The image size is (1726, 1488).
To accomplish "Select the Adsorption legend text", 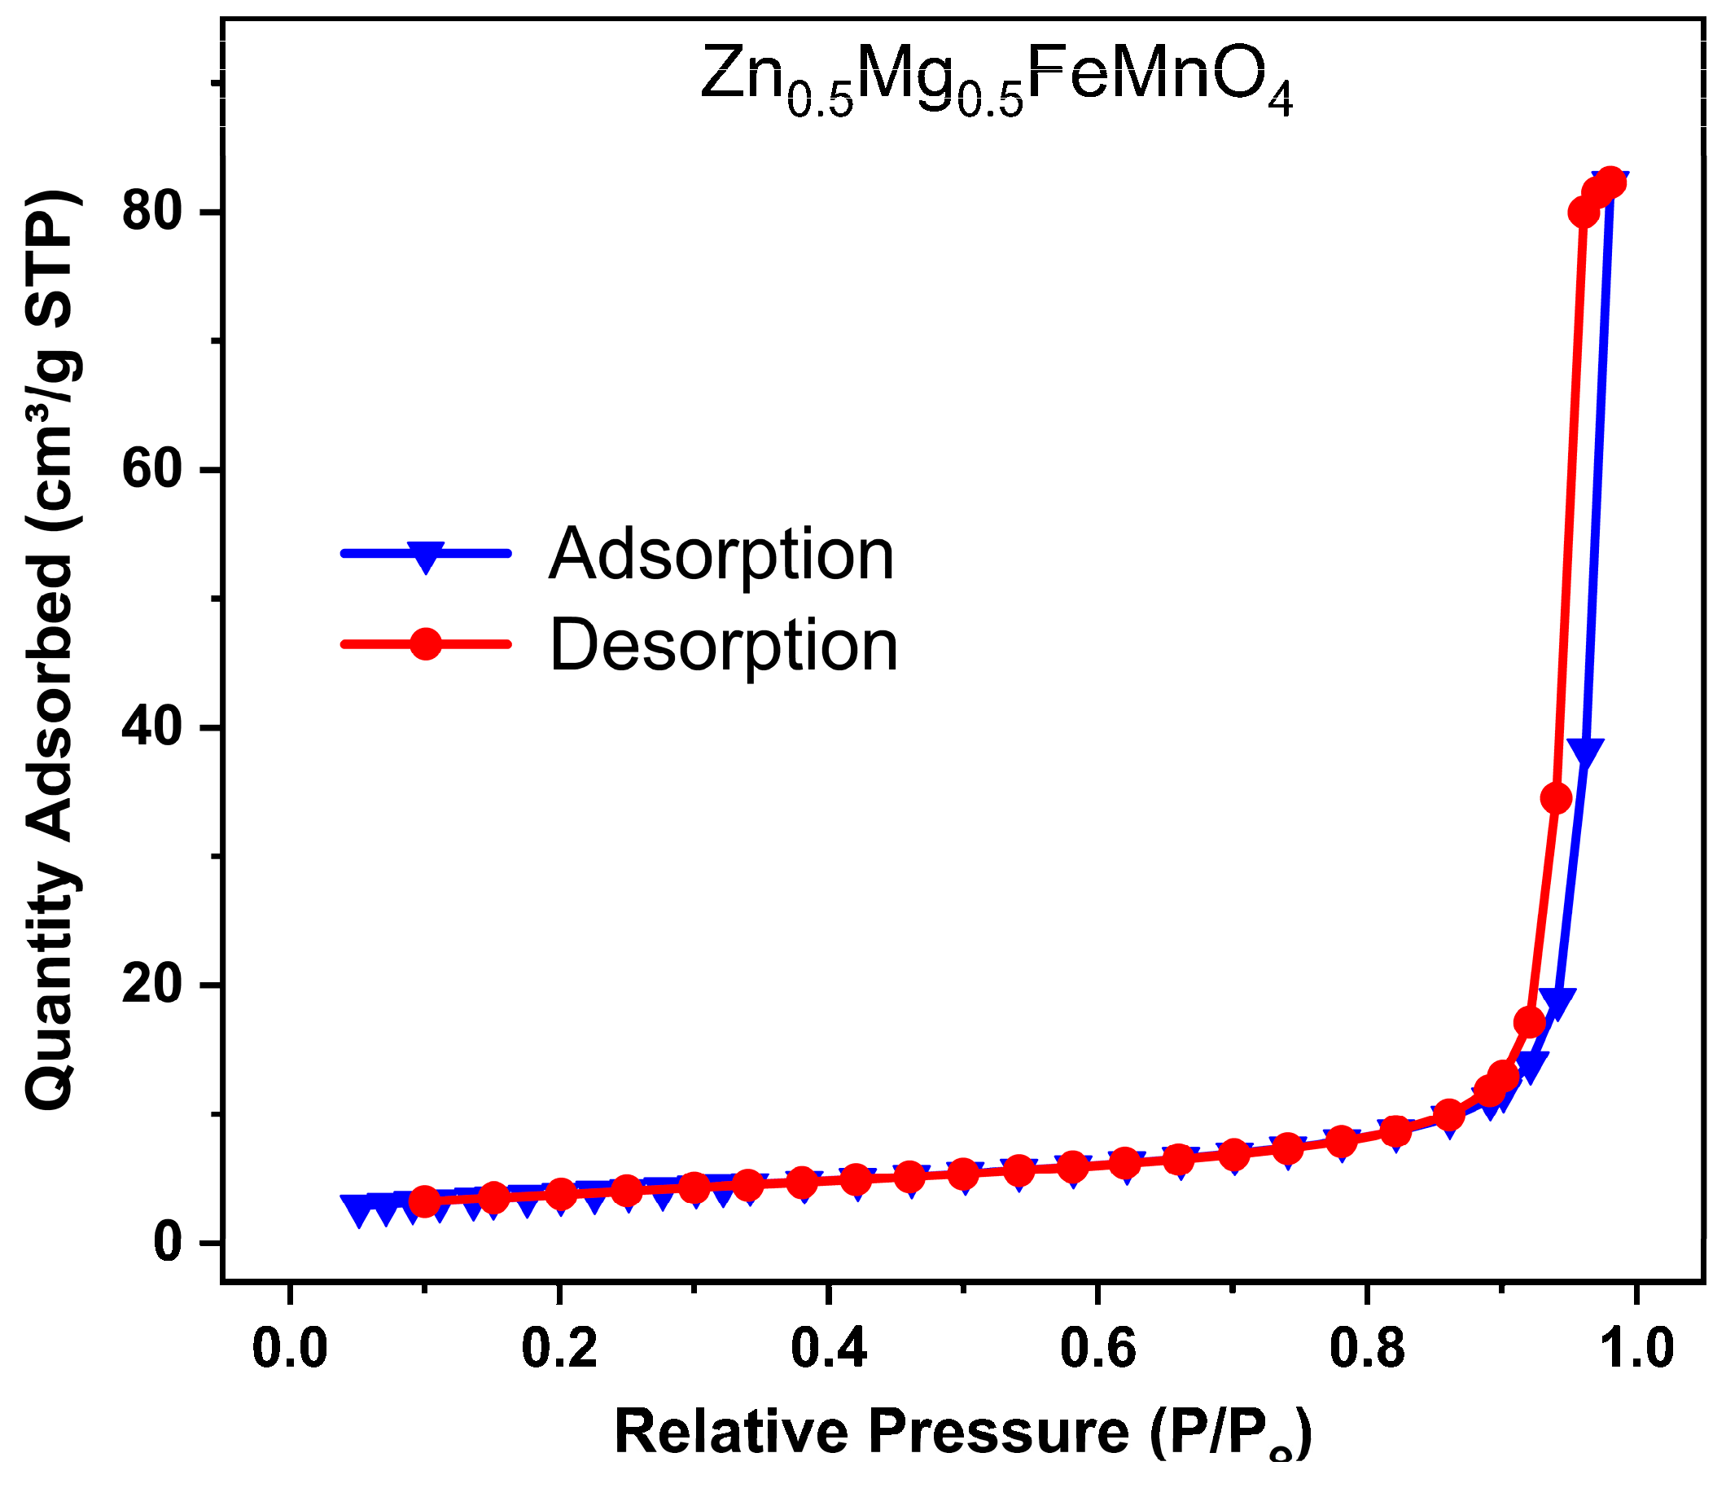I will coord(721,554).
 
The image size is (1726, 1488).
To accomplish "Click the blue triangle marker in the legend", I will coord(426,555).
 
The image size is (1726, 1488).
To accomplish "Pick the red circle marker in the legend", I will coord(426,643).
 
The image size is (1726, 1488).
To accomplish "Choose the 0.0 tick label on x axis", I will coord(289,1349).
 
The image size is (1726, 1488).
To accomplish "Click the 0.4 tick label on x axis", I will coord(828,1349).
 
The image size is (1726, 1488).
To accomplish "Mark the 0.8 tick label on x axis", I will coord(1367,1349).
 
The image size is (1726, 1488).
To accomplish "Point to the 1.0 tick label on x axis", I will coord(1636,1349).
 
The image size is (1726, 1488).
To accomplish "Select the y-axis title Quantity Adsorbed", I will coord(51,650).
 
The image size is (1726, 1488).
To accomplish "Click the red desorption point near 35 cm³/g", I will coord(1556,798).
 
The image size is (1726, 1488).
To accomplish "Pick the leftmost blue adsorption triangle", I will coord(358,1210).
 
